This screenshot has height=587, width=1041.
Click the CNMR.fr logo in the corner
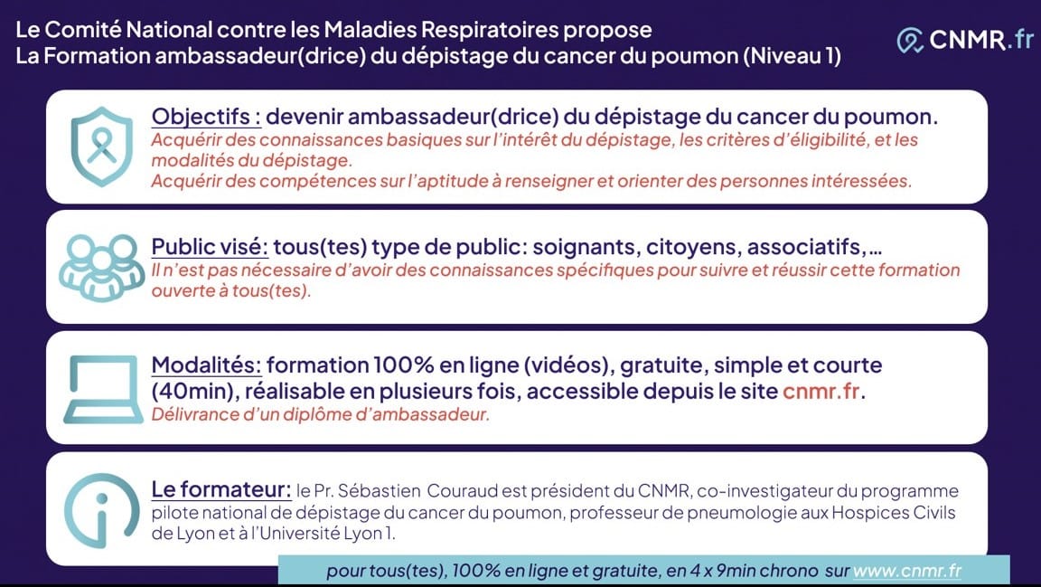tap(965, 40)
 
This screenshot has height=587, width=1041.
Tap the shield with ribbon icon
tap(101, 147)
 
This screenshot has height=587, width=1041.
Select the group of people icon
tap(101, 267)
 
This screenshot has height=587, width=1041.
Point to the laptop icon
tap(103, 390)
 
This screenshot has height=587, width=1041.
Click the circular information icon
tap(101, 510)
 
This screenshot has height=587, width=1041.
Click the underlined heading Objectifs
tap(206, 117)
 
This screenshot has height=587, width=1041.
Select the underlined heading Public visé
tap(210, 247)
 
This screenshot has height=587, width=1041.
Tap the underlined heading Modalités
tap(206, 365)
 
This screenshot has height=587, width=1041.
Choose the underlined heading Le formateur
tap(221, 489)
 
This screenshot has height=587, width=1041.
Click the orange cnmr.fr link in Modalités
tap(821, 391)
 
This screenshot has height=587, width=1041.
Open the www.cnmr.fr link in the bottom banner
tap(907, 571)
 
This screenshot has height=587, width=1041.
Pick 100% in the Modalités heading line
tap(404, 365)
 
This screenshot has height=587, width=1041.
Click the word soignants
tap(586, 247)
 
